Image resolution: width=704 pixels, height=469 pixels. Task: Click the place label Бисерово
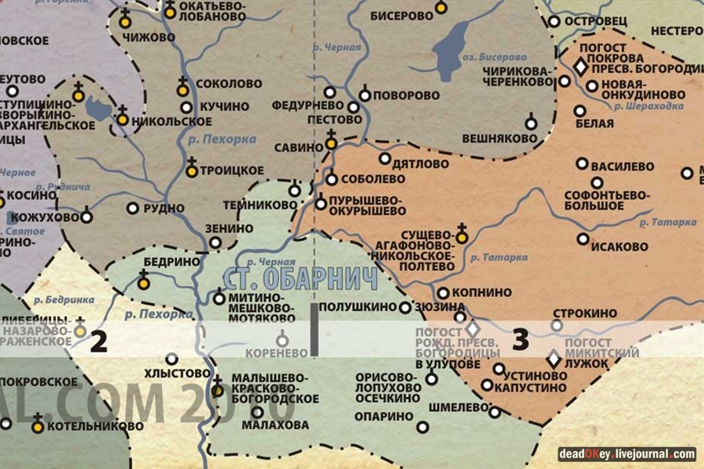tap(400, 15)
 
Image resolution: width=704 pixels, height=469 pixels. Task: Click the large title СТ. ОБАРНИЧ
tap(300, 279)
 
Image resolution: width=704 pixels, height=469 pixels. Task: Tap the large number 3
tap(520, 340)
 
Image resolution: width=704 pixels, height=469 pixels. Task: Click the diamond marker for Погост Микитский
tap(553, 359)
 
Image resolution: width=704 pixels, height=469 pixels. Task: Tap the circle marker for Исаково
tap(584, 238)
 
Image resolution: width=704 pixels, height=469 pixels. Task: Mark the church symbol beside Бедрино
tap(144, 281)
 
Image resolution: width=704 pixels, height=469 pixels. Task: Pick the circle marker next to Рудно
tap(133, 209)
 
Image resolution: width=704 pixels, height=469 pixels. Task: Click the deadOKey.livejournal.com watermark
tap(627, 453)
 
